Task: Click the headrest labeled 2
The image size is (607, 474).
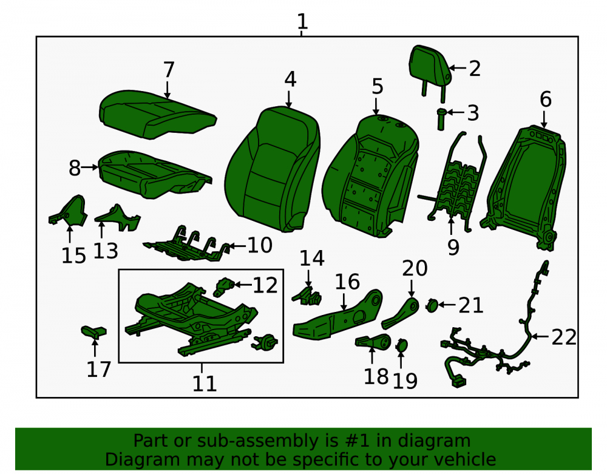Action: (x=429, y=66)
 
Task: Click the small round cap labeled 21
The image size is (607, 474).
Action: (x=432, y=306)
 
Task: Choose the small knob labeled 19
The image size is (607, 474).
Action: (x=401, y=345)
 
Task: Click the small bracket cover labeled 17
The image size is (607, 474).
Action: (x=93, y=332)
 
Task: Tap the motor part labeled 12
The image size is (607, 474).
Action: (x=224, y=286)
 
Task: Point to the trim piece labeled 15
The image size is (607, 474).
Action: (x=68, y=211)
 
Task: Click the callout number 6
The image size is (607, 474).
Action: (x=546, y=100)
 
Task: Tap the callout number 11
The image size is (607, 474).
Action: (x=204, y=384)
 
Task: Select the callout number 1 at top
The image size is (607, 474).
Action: (x=302, y=21)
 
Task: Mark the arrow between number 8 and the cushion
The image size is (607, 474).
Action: (x=90, y=167)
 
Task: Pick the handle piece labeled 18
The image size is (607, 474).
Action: (x=373, y=341)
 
